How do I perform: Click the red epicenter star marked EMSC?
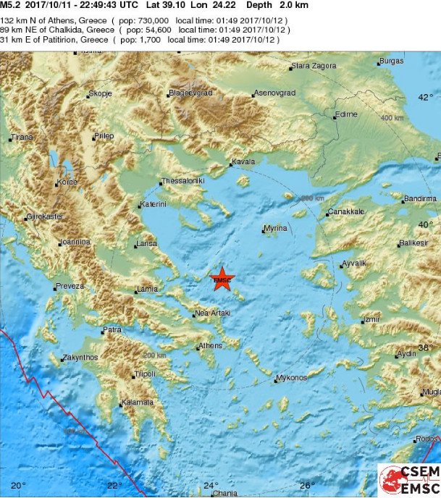(x=222, y=279)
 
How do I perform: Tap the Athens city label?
(x=210, y=346)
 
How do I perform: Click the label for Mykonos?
(x=292, y=378)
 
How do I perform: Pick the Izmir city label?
(x=371, y=318)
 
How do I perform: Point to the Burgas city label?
(x=391, y=62)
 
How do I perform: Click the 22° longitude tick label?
(x=114, y=485)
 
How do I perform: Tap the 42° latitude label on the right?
(x=427, y=97)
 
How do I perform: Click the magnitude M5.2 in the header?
(x=9, y=5)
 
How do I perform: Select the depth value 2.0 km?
(x=293, y=5)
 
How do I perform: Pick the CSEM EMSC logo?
(x=409, y=481)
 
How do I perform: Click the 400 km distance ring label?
(x=392, y=117)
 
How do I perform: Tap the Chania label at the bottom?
(x=224, y=494)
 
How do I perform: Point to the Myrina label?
(x=276, y=228)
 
